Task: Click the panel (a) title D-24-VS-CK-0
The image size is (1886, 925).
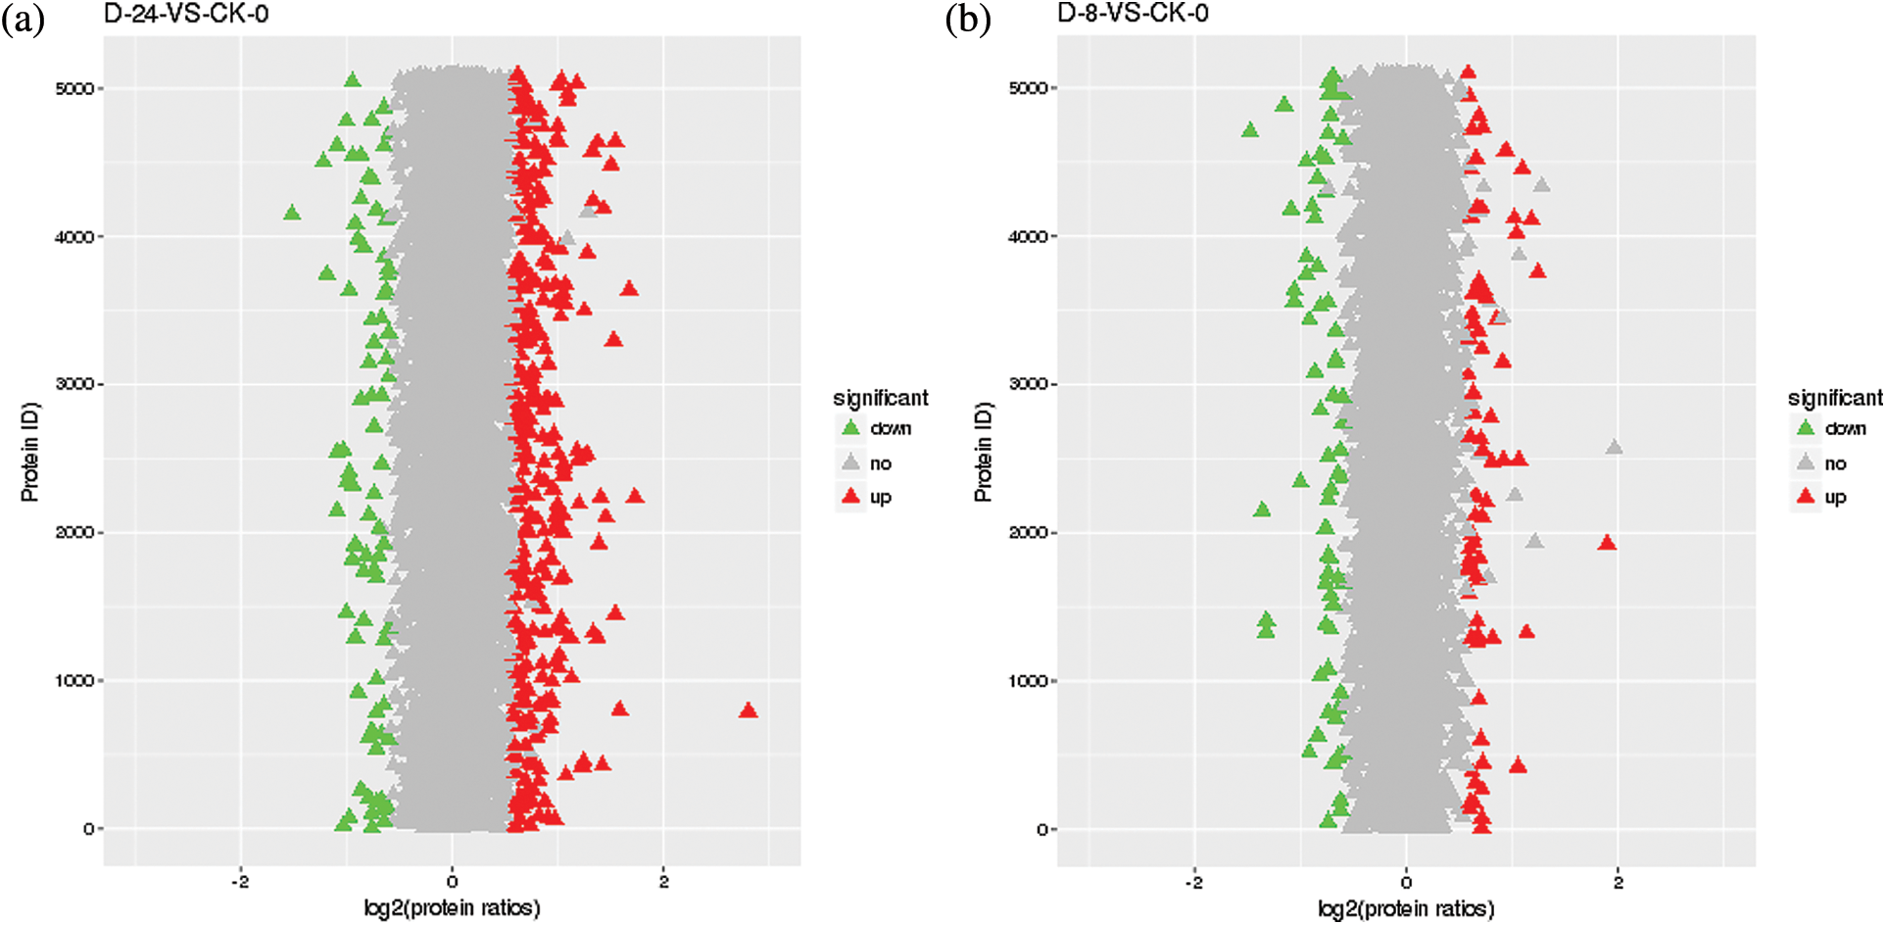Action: point(185,15)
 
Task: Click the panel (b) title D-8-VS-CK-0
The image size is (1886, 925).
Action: point(1132,15)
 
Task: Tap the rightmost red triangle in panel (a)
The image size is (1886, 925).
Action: point(749,710)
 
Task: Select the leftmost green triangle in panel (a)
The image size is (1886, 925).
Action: point(291,213)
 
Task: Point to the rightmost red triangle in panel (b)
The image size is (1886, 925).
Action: point(1607,543)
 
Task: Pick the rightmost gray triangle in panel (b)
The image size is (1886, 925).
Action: point(1614,448)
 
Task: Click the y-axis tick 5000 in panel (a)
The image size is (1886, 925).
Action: point(74,89)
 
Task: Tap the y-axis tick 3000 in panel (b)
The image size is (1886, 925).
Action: point(1028,384)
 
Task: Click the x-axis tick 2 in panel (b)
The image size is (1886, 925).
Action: point(1618,882)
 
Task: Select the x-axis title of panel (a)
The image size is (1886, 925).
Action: point(452,908)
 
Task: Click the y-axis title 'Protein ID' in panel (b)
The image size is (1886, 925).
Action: point(983,452)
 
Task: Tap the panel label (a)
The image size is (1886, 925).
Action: point(24,20)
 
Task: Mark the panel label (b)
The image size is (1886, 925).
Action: point(968,20)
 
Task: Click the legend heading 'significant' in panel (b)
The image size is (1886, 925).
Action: point(1834,398)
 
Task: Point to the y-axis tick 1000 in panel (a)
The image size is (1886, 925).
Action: point(74,681)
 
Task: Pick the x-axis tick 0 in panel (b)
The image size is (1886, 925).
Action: point(1406,882)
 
